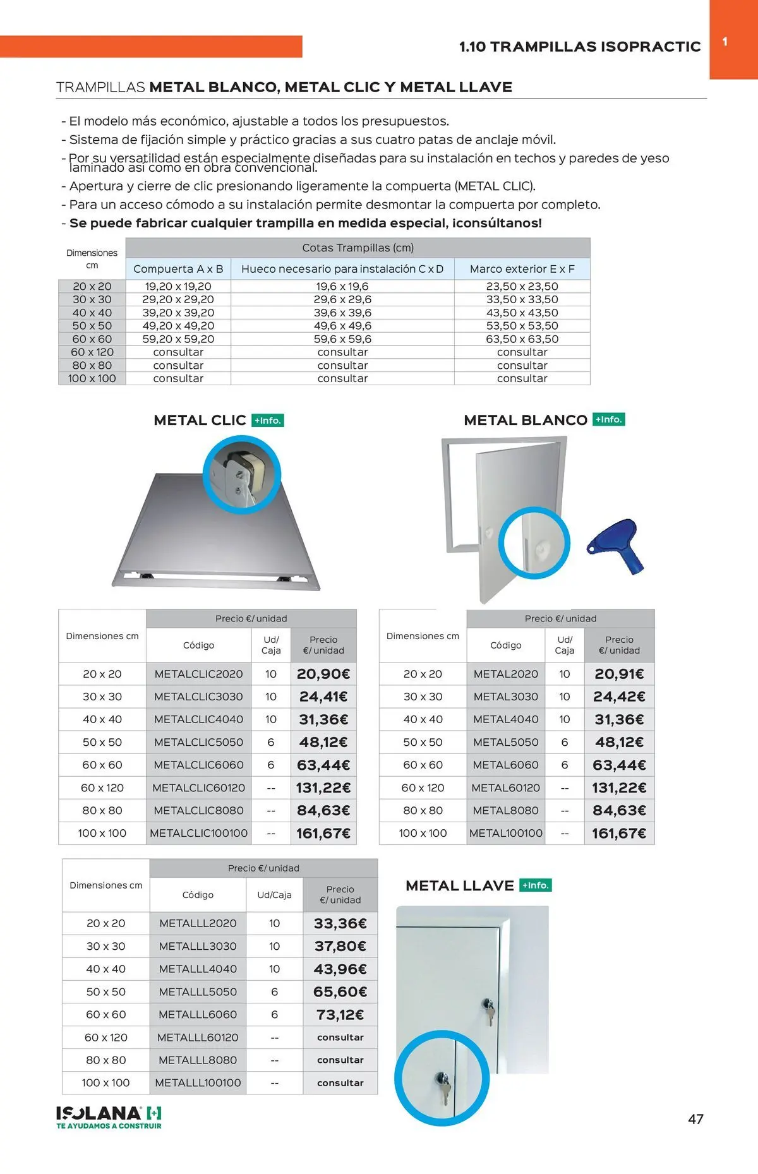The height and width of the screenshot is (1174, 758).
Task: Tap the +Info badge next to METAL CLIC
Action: pos(268,421)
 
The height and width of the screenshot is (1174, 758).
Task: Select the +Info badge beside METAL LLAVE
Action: pos(536,885)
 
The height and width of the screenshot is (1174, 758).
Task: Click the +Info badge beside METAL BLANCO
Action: pos(609,420)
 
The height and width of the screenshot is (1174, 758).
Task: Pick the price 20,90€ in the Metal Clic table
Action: pos(323,674)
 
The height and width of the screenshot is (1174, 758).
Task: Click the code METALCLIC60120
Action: pos(198,788)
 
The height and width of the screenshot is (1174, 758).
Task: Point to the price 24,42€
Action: pos(619,697)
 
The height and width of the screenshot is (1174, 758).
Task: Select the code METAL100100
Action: pos(506,834)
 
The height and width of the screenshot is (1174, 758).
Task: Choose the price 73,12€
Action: pos(340,1015)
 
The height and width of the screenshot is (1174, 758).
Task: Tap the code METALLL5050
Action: pos(198,992)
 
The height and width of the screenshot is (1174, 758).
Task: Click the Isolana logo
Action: pos(109,1117)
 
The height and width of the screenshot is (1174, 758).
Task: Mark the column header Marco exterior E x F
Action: pos(522,269)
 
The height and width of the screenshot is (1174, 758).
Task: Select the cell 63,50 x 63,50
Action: pos(522,339)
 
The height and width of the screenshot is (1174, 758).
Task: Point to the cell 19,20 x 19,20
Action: pos(178,287)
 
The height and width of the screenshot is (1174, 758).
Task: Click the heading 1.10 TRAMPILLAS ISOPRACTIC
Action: pos(580,47)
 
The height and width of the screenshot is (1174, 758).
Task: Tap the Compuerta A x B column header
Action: pos(178,269)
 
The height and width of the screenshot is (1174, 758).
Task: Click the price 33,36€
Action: pos(340,924)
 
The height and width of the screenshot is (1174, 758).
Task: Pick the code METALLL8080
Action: pos(198,1060)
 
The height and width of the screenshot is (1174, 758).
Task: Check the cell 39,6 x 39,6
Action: pos(342,313)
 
